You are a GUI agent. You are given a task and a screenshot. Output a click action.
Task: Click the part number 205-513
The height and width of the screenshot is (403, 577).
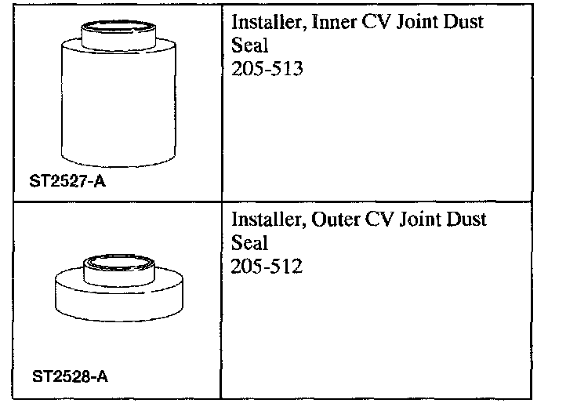[267, 70]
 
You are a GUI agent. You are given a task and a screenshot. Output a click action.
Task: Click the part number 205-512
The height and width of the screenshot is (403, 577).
[267, 267]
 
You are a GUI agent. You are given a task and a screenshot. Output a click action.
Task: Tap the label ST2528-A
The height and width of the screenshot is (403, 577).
[71, 376]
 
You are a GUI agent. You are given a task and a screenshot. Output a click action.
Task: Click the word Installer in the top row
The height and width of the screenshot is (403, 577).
[265, 23]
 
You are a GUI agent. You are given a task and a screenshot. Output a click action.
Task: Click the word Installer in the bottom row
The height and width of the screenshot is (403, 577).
[265, 220]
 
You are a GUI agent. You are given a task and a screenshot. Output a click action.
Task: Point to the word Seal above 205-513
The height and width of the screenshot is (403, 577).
[250, 46]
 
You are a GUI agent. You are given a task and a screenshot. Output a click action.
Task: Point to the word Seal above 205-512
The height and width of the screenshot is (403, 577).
[250, 243]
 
